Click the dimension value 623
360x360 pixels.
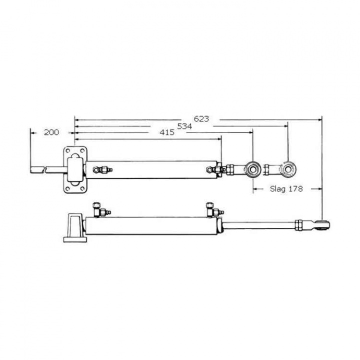pos(201,119)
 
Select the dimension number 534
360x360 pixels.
pos(184,126)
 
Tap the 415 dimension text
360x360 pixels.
pos(167,132)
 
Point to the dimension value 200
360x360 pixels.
pos(51,132)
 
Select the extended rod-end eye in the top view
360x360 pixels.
pos(288,169)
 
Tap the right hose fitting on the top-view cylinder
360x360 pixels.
pos(216,170)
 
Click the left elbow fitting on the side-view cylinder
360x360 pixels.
pos(98,208)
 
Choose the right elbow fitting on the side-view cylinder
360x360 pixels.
pos(212,209)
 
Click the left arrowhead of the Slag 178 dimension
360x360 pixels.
pos(254,188)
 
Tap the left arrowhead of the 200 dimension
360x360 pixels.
pos(32,132)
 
